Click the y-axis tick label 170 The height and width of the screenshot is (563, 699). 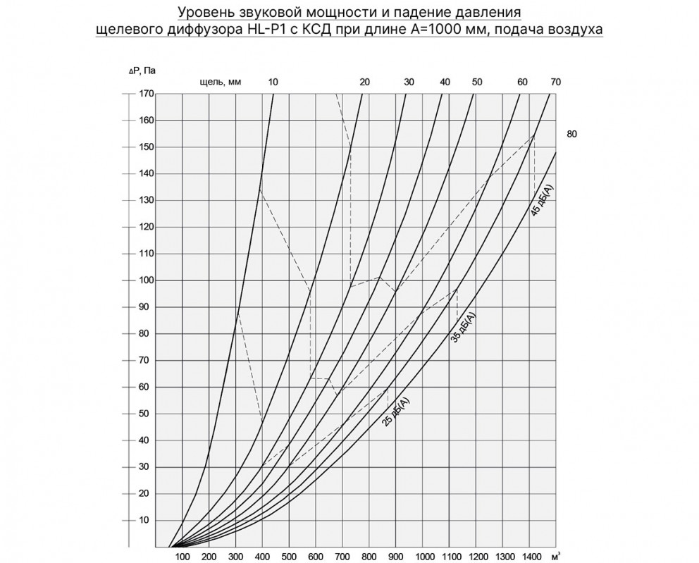tap(146, 93)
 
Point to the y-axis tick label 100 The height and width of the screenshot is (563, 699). tap(146, 280)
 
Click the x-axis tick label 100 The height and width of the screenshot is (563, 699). tap(182, 557)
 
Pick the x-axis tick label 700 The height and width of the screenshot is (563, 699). tap(342, 557)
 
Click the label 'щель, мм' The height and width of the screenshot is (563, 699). tap(221, 82)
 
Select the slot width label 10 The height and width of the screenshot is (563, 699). tap(273, 82)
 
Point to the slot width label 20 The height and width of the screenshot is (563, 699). tap(364, 82)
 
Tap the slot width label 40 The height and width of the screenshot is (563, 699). tap(445, 82)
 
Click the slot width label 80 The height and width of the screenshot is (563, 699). tap(571, 133)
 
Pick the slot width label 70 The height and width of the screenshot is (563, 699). tap(555, 82)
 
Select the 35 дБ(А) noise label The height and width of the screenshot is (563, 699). tap(463, 326)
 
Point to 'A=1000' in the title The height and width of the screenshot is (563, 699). tap(436, 30)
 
